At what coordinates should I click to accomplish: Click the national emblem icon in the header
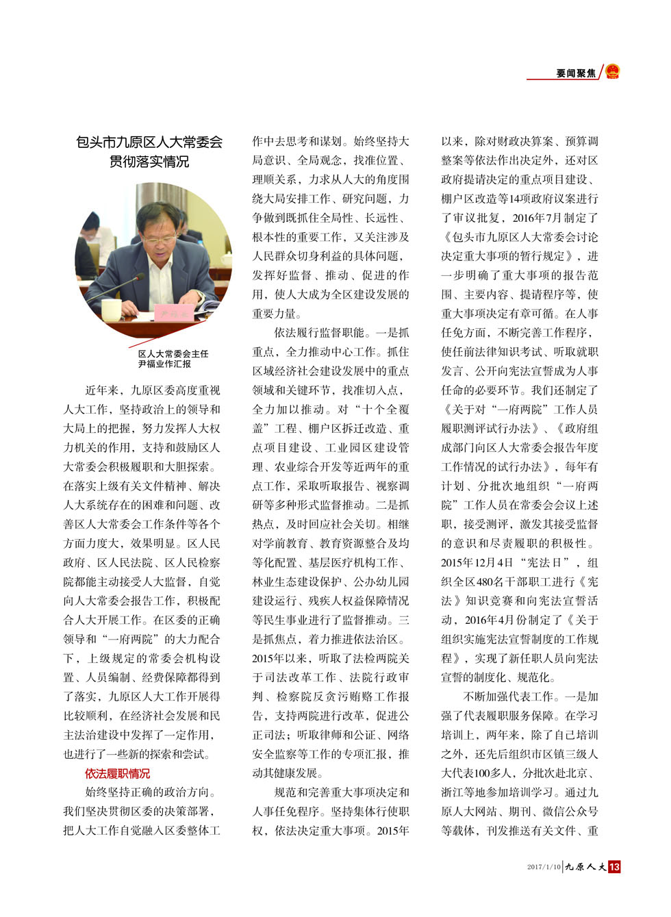pos(612,71)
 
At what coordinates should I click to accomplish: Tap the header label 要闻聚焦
pos(575,73)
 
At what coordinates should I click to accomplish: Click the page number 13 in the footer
pos(614,867)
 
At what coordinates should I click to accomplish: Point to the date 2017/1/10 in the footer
pos(544,867)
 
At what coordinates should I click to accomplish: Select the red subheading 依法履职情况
pos(117,773)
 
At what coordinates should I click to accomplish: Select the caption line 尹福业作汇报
pos(164,364)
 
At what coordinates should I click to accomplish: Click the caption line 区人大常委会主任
pos(173,353)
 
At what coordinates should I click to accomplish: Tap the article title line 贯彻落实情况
pos(149,162)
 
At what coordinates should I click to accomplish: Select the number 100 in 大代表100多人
pos(482,773)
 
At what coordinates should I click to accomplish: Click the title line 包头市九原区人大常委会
pos(149,142)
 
